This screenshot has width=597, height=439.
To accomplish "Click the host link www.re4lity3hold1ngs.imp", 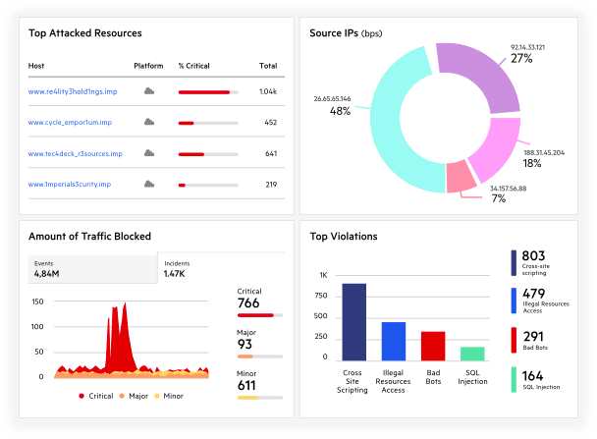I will click(x=71, y=91).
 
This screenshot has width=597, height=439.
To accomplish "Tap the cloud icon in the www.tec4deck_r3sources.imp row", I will click(x=149, y=153).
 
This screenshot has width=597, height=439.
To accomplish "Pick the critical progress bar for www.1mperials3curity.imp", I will click(x=207, y=185).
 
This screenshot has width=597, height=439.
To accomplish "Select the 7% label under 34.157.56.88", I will click(x=499, y=198).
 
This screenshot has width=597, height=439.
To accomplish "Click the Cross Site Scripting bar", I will click(x=353, y=321).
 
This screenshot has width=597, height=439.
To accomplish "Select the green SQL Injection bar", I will click(x=472, y=353).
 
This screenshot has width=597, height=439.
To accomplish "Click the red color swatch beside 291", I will click(x=515, y=341).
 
